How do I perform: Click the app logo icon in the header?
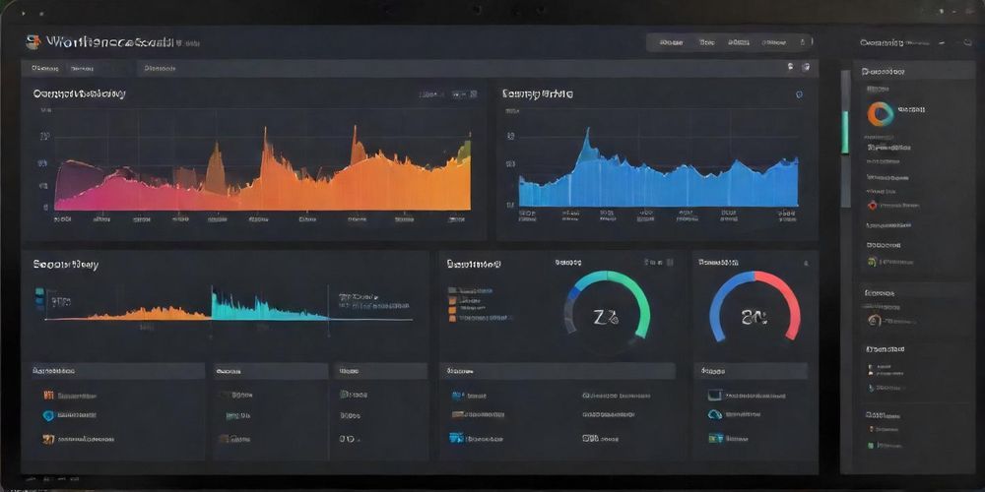(33, 42)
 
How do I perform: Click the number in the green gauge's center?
(605, 317)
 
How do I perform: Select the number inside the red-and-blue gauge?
(755, 317)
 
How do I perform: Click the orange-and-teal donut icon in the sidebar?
(879, 113)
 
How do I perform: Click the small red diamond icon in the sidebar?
(872, 205)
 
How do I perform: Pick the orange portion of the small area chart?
(148, 313)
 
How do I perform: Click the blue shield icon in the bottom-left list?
(48, 415)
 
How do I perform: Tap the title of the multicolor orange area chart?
(79, 94)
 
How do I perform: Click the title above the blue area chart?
(538, 94)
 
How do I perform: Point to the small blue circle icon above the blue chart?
(799, 94)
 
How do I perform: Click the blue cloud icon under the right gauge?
(715, 415)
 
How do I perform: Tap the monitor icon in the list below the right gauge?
(715, 395)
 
